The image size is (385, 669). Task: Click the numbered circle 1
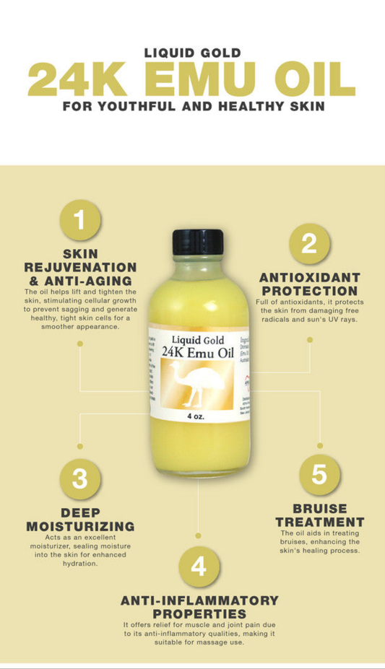coord(80,221)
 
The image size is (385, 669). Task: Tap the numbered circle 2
coord(309,244)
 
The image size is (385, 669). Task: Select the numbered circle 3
coord(80,478)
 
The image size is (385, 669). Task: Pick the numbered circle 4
coord(198,566)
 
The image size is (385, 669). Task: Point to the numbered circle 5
coord(319,475)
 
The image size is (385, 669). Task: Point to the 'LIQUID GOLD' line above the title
coord(192,53)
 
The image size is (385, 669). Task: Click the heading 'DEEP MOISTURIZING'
coord(80,519)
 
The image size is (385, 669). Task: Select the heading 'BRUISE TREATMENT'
coord(319,515)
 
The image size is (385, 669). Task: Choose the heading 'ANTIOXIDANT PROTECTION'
coord(309,284)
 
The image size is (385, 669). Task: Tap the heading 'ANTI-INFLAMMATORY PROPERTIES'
coord(199,607)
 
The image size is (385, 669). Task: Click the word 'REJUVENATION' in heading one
coord(79,267)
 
